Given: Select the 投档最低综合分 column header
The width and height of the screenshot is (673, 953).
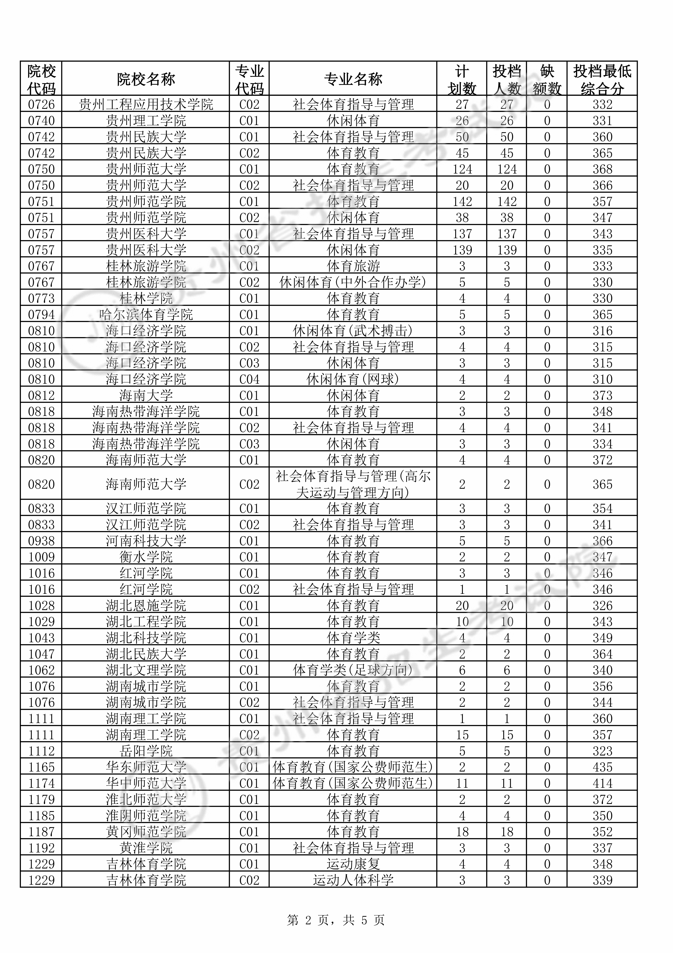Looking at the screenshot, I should pyautogui.click(x=602, y=79).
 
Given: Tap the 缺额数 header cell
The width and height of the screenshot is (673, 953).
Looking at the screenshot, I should pyautogui.click(x=547, y=79).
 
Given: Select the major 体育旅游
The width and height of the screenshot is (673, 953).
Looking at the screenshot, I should pyautogui.click(x=353, y=266).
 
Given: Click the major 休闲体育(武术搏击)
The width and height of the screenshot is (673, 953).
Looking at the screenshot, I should pyautogui.click(x=353, y=331).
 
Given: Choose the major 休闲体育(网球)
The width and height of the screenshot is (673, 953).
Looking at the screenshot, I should pyautogui.click(x=353, y=379).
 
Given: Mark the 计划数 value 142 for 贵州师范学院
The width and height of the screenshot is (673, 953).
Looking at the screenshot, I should pyautogui.click(x=462, y=202).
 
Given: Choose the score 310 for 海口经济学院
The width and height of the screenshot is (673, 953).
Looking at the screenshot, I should pyautogui.click(x=602, y=379).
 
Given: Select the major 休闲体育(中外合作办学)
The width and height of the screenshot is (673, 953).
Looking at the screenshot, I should pyautogui.click(x=353, y=282).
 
